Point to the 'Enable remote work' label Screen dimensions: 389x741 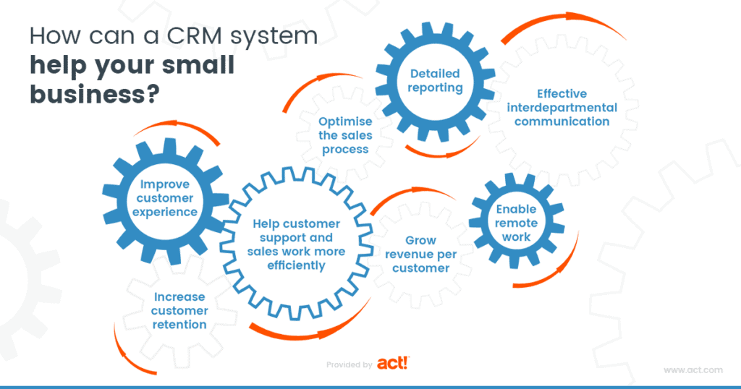516,223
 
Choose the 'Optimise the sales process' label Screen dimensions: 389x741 344,134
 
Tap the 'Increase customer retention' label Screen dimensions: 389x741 179,311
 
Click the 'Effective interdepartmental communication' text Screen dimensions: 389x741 562,108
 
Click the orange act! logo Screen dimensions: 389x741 394,364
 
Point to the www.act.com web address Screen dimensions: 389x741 693,370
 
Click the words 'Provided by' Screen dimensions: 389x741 350,365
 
